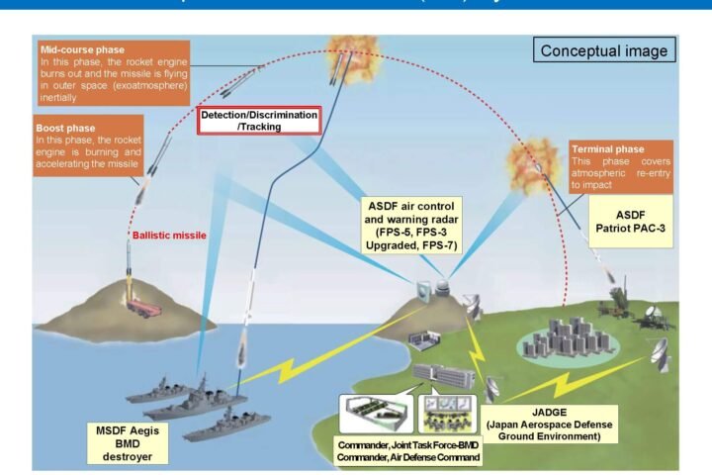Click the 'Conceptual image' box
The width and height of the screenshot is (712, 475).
(601, 49)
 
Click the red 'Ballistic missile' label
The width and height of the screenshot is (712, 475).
(169, 237)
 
